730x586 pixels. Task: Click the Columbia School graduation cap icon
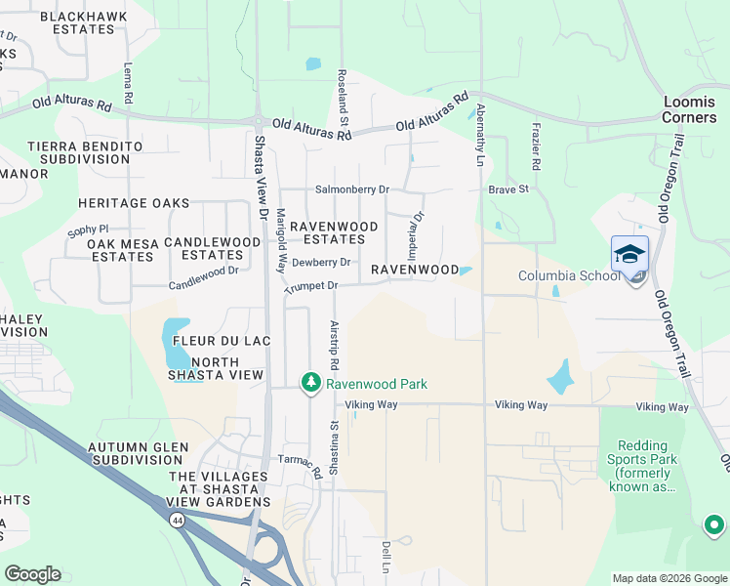pos(629,254)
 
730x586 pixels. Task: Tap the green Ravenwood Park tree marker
pos(311,383)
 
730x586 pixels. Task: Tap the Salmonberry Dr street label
pos(351,189)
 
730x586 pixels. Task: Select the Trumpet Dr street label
pos(310,286)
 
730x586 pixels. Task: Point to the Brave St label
pos(507,189)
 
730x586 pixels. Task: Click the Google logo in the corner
pos(32,574)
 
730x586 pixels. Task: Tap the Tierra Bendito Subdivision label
pos(85,153)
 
